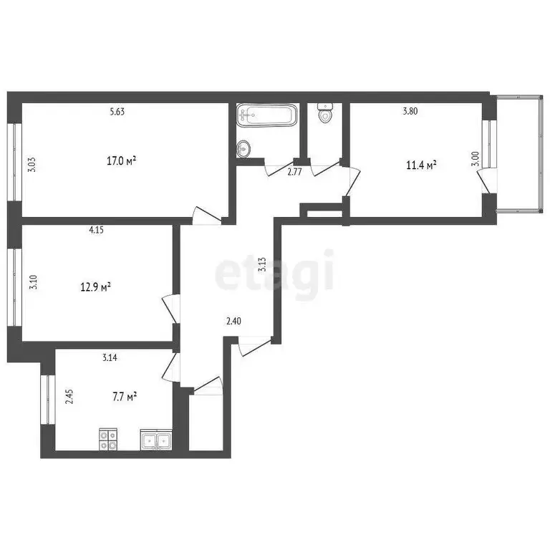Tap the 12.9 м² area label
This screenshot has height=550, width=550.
point(95,287)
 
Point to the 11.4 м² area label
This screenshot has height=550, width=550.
point(422,165)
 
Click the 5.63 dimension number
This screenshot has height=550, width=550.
point(117,111)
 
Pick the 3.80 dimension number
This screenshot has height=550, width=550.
point(410,111)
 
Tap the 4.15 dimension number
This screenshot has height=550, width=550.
point(96,231)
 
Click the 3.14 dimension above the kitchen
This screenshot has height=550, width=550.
point(110,357)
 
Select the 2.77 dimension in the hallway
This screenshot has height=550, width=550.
point(294,172)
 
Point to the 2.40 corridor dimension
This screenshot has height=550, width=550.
point(233,322)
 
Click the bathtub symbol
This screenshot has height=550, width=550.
point(266,115)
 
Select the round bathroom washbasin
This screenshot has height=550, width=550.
point(244,149)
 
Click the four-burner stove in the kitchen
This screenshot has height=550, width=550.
point(108,439)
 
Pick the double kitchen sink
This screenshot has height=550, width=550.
point(156,440)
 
